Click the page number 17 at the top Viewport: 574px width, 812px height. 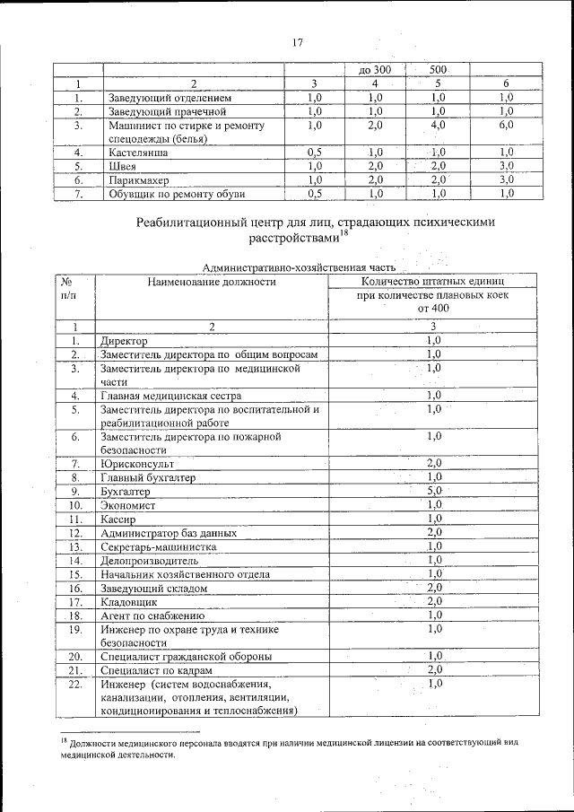click(299, 42)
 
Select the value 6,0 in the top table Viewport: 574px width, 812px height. click(506, 127)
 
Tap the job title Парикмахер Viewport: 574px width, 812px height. click(136, 179)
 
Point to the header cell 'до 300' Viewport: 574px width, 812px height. click(374, 70)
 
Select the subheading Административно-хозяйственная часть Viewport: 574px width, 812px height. click(299, 266)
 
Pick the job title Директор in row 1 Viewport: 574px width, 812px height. click(124, 342)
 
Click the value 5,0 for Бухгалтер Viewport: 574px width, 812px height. click(433, 492)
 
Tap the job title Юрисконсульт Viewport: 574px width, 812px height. click(137, 465)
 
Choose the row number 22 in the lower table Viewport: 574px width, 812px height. click(76, 685)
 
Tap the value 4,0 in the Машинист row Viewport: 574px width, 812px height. click(438, 127)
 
